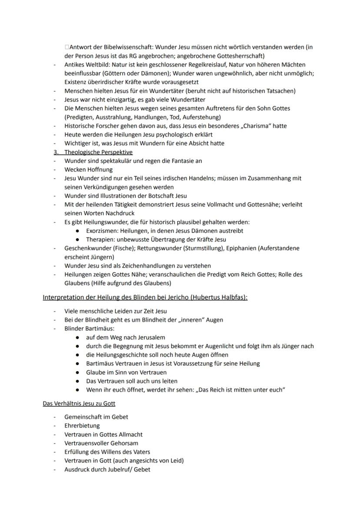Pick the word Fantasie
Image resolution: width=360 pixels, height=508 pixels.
tap(177, 161)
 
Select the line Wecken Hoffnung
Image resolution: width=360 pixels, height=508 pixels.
tap(88, 169)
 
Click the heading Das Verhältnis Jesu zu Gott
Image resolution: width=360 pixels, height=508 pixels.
tap(79, 404)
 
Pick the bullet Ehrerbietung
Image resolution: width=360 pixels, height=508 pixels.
tap(82, 425)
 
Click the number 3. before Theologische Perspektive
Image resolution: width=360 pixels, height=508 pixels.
tap(56, 152)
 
